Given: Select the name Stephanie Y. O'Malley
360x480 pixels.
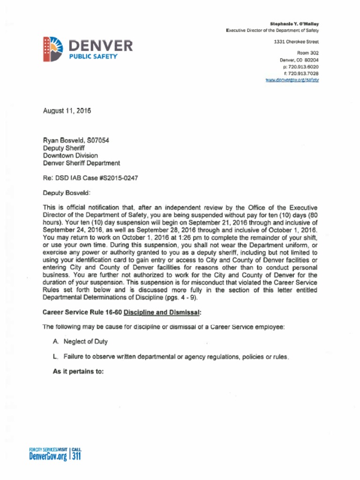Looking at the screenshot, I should click(x=294, y=23).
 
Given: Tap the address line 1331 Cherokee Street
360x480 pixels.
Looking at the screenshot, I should click(x=296, y=42).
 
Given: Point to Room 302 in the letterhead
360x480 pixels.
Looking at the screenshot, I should click(x=308, y=53).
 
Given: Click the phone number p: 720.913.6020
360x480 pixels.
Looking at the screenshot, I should click(x=300, y=67).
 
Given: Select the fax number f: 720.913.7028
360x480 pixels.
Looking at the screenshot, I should click(x=300, y=73).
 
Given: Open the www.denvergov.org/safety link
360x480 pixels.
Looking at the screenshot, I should click(x=292, y=80).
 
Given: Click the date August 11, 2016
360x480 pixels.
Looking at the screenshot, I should click(x=67, y=111).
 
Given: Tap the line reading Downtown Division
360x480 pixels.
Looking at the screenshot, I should click(x=70, y=155).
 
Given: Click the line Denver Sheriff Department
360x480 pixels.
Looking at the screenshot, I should click(x=81, y=163).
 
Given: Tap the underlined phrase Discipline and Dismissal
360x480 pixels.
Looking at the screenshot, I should click(x=162, y=312).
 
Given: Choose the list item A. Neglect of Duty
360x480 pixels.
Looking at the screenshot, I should click(x=80, y=342).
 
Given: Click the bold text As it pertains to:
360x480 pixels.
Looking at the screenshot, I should click(x=78, y=372).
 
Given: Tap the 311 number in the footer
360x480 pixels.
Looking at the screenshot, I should click(x=76, y=455).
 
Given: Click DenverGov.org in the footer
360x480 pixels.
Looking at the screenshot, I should click(x=48, y=456).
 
